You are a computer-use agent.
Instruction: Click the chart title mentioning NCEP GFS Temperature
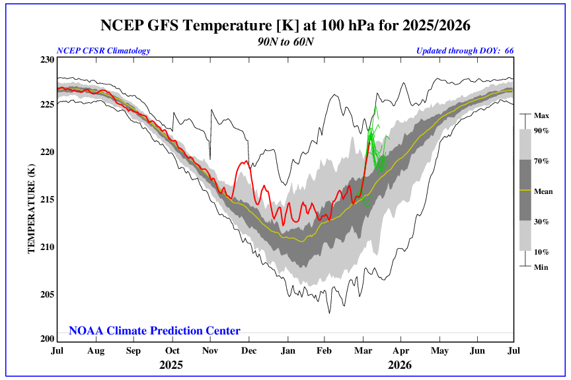(285, 26)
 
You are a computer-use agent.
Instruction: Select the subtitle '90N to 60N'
(285, 40)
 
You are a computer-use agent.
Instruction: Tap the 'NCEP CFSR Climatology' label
(103, 51)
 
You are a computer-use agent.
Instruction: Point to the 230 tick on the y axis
(46, 59)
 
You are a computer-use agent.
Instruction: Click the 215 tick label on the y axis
(46, 199)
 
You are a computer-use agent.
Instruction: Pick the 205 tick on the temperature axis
(46, 294)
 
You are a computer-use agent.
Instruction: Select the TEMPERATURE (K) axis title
(30, 199)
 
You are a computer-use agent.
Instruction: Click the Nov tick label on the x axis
(210, 351)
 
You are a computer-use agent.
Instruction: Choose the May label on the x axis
(439, 351)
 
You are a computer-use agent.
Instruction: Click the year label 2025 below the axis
(171, 365)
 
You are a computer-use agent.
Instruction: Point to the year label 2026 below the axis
(400, 365)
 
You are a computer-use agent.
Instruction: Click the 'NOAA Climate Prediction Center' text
(155, 331)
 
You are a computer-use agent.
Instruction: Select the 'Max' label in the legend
(542, 115)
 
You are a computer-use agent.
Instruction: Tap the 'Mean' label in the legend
(543, 192)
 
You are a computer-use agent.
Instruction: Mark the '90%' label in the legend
(542, 131)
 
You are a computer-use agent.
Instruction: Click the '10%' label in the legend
(542, 251)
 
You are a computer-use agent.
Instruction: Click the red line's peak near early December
(247, 161)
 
